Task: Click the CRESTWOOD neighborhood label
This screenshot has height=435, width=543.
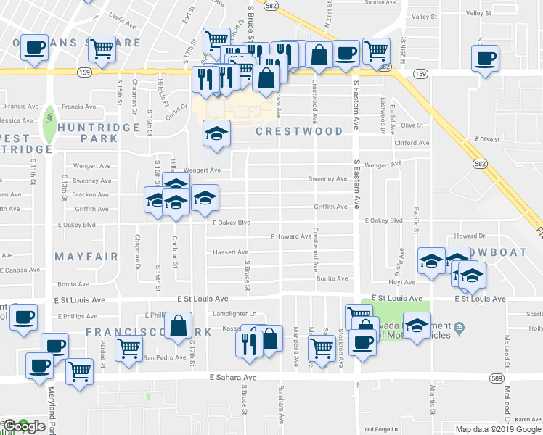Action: (x=299, y=131)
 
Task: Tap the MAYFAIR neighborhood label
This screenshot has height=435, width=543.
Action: (x=81, y=256)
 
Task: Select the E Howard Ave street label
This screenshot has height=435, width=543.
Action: (x=290, y=236)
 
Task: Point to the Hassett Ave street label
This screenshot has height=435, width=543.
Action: (x=230, y=252)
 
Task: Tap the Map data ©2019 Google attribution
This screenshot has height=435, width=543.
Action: (x=498, y=429)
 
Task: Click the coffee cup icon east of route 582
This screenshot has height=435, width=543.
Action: (x=484, y=57)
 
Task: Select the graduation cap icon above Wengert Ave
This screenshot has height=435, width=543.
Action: (x=216, y=133)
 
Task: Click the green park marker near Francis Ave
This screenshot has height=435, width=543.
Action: (x=49, y=116)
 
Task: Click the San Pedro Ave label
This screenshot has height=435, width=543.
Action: (x=164, y=357)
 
